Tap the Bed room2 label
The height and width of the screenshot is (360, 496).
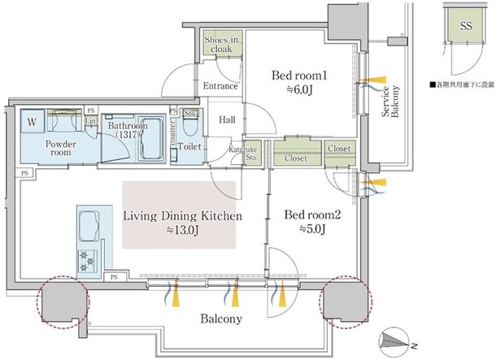coord(305,215)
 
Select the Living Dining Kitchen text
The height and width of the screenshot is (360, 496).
coord(181,216)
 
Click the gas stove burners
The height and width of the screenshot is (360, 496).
coord(85,260)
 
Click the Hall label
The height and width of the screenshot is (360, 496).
coord(227,119)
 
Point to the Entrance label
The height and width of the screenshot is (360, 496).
coord(220,86)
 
